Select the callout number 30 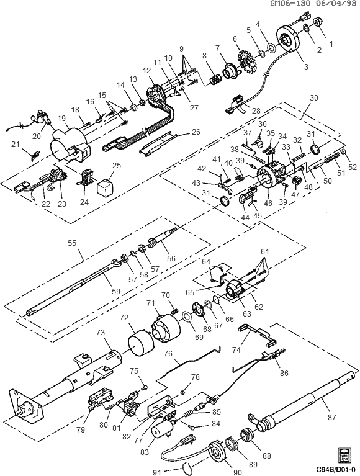[313, 98]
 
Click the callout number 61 [266, 251]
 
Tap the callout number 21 [16, 145]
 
